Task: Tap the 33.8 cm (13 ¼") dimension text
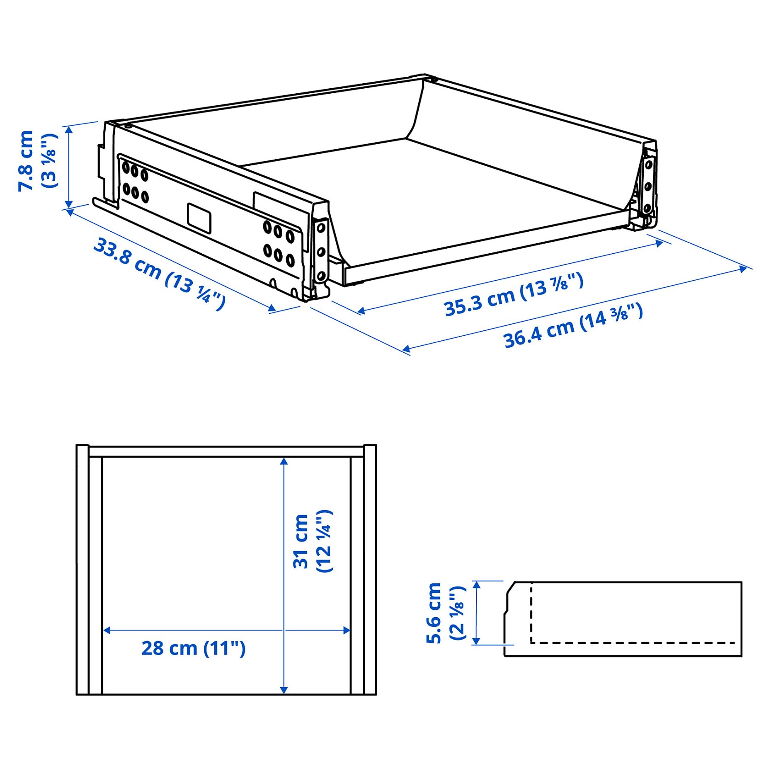(x=160, y=274)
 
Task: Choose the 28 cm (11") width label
(x=193, y=648)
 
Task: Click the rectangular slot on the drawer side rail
(x=199, y=218)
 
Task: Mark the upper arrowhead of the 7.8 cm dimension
(x=69, y=129)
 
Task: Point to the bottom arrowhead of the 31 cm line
(x=284, y=690)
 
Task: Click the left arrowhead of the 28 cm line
(x=107, y=630)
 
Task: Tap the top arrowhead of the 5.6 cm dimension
(x=476, y=585)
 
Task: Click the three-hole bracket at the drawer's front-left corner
(x=321, y=251)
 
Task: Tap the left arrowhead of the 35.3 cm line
(x=361, y=311)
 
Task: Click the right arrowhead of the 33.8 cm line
(x=272, y=308)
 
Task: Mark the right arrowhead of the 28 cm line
(x=347, y=630)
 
